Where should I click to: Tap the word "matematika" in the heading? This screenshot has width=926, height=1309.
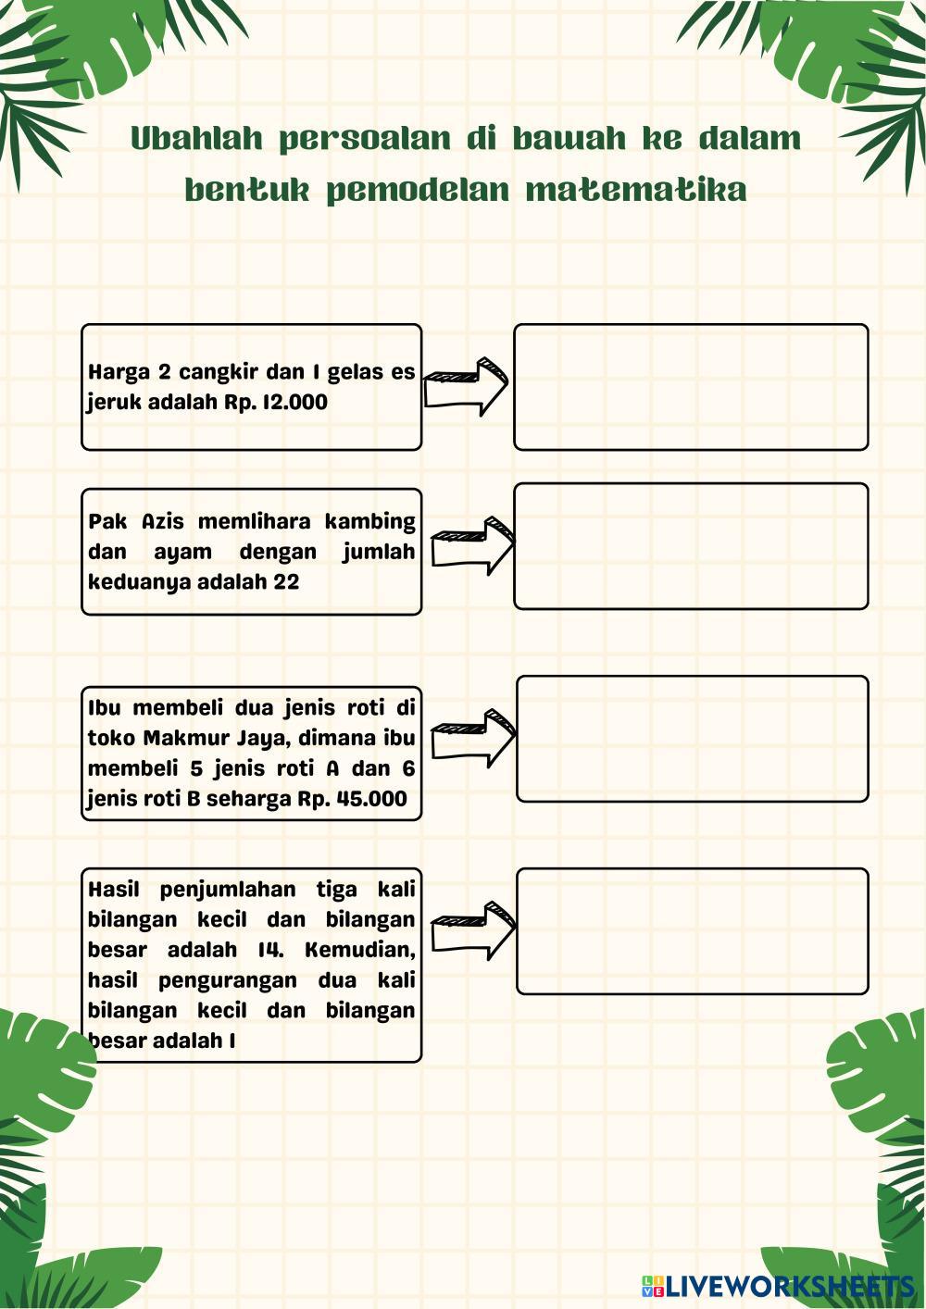(635, 190)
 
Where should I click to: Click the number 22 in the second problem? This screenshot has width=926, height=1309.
(286, 582)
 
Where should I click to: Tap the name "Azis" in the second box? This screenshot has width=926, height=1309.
(163, 522)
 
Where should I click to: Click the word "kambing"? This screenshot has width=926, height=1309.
(369, 522)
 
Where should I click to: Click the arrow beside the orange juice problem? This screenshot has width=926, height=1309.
(466, 387)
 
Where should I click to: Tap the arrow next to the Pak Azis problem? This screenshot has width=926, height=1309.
(472, 546)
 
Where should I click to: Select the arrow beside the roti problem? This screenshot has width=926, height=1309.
(472, 739)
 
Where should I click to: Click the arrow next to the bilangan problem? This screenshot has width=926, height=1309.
(472, 930)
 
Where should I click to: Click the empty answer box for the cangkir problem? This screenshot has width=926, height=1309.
(691, 387)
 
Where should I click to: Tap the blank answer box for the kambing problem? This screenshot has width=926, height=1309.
(691, 546)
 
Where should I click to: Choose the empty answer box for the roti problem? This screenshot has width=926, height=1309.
(692, 739)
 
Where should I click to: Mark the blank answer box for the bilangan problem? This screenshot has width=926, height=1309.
(692, 931)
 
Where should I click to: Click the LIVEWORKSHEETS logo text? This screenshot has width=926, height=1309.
(788, 1285)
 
